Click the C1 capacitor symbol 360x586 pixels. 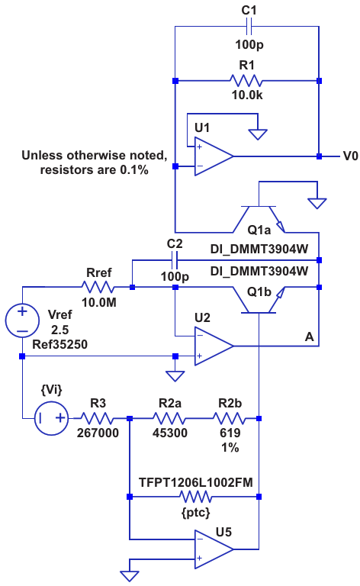(249, 26)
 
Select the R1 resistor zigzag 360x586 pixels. (246, 81)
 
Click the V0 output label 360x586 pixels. (350, 156)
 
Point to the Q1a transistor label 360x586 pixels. (259, 230)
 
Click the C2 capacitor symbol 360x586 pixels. (175, 260)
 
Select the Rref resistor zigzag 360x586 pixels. (98, 287)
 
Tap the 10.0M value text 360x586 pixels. (99, 303)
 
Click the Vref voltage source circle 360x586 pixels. (22, 320)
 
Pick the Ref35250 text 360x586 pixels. (59, 344)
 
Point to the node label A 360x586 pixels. (309, 337)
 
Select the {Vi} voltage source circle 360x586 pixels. (52, 418)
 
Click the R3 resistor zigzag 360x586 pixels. (97, 418)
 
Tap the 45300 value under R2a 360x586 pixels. (170, 433)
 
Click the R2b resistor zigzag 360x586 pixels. (230, 418)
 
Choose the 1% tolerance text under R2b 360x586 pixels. (230, 448)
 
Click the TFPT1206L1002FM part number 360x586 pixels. (196, 482)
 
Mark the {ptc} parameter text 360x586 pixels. (196, 513)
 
